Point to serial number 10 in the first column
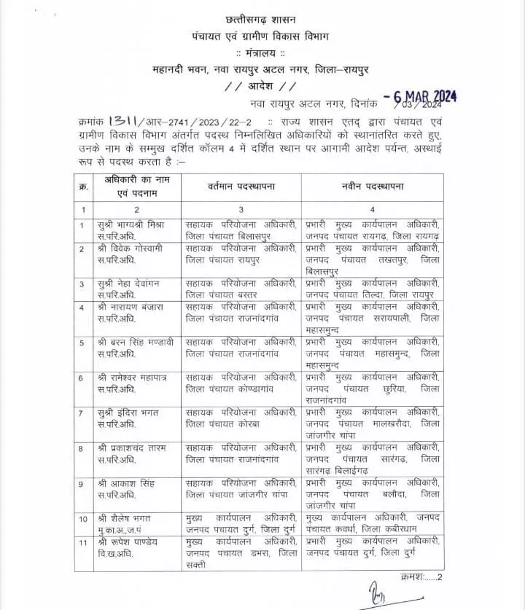point(83,518)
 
